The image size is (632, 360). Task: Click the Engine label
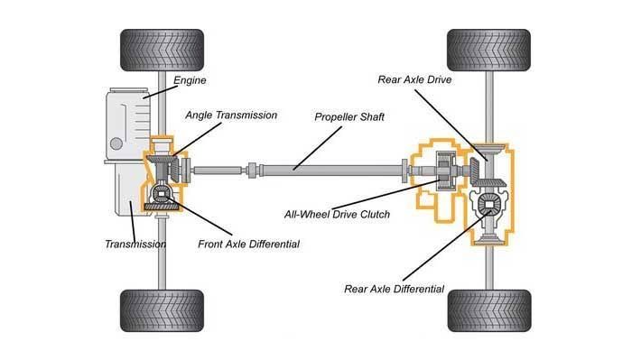(x=190, y=80)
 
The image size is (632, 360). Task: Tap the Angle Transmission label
(x=231, y=115)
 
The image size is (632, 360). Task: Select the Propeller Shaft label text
(x=349, y=117)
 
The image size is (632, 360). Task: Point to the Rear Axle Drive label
(x=414, y=79)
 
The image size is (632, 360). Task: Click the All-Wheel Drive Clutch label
(x=337, y=214)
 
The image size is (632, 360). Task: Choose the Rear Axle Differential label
(x=394, y=289)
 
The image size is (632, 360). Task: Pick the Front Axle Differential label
(x=248, y=244)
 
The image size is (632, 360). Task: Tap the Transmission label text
(x=135, y=244)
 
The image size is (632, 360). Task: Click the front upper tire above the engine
(x=162, y=50)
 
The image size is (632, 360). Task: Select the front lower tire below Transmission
(x=162, y=310)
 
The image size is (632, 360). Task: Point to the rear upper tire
(x=489, y=50)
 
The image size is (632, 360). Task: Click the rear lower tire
(x=489, y=310)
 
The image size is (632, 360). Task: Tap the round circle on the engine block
(x=116, y=143)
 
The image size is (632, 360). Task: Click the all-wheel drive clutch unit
(x=446, y=171)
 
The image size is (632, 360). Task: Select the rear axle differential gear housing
(x=488, y=204)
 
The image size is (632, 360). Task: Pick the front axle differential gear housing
(x=162, y=194)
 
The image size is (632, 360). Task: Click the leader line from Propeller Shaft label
(x=318, y=148)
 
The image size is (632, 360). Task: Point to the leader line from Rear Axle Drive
(x=451, y=125)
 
